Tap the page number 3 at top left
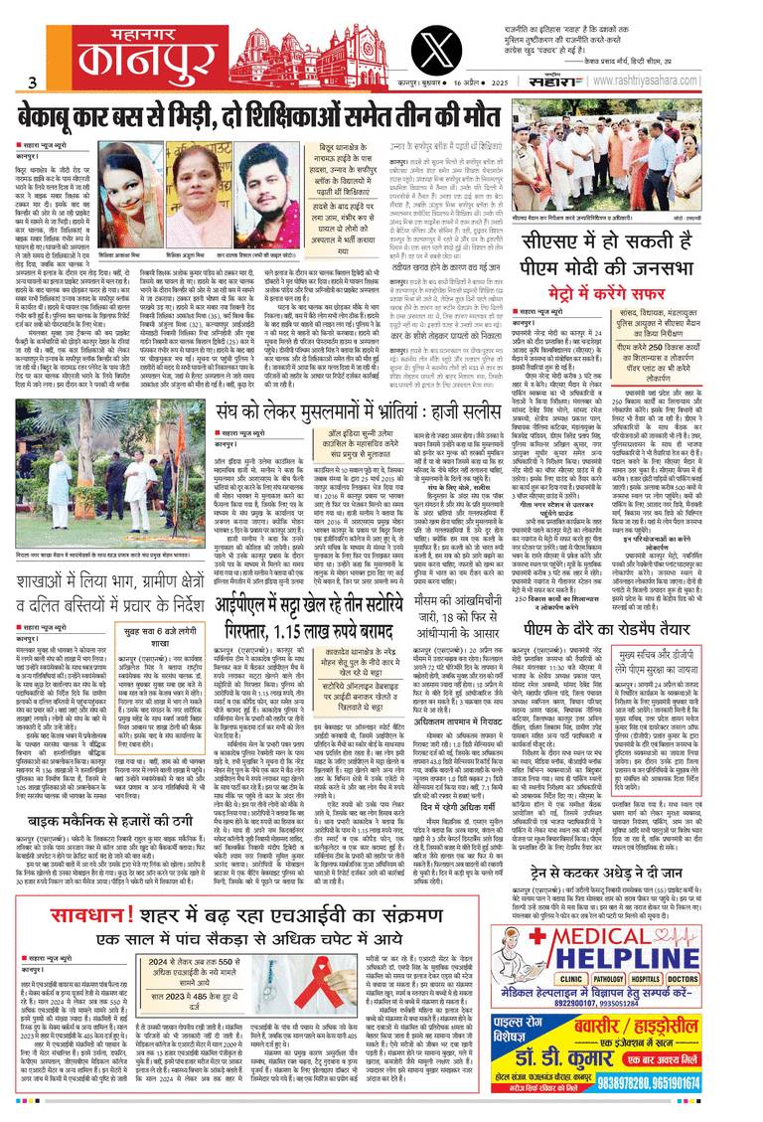tap(32, 82)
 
